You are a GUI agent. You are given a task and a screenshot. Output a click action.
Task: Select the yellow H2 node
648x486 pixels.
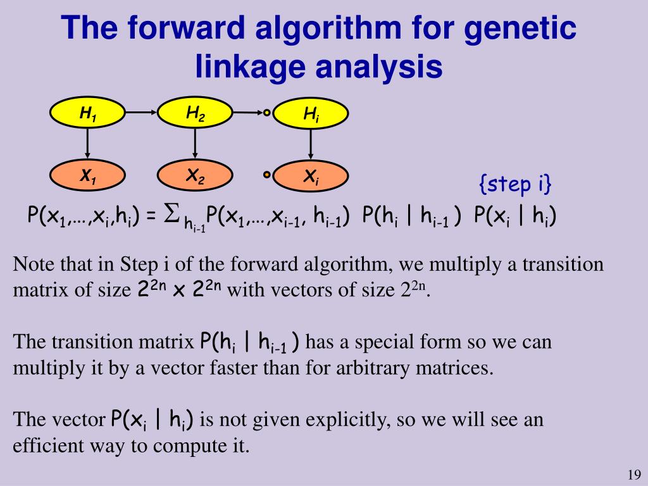tap(195, 114)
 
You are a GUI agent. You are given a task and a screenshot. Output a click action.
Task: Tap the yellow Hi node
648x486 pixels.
tap(309, 114)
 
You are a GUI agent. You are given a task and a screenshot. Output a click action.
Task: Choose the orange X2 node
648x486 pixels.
tap(195, 177)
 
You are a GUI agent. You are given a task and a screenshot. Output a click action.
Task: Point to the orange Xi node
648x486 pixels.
tap(309, 178)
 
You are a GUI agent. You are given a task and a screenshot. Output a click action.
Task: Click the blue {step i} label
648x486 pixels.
tap(515, 184)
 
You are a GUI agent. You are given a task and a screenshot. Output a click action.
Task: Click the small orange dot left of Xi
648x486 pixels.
tap(267, 175)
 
